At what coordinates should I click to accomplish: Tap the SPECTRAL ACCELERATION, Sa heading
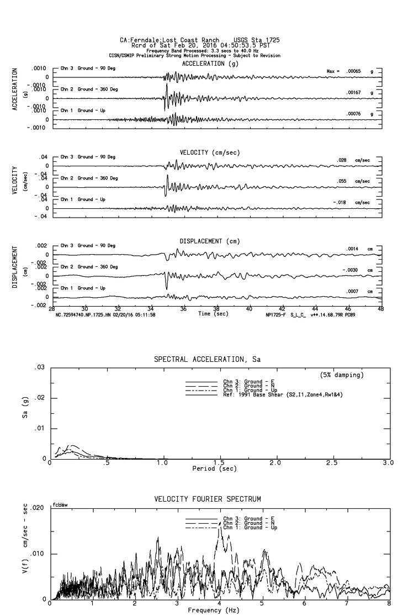tap(206, 360)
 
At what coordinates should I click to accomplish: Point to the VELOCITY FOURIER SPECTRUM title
tap(208, 499)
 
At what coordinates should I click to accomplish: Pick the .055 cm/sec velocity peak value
tap(343, 181)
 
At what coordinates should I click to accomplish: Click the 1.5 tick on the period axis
tap(219, 462)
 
